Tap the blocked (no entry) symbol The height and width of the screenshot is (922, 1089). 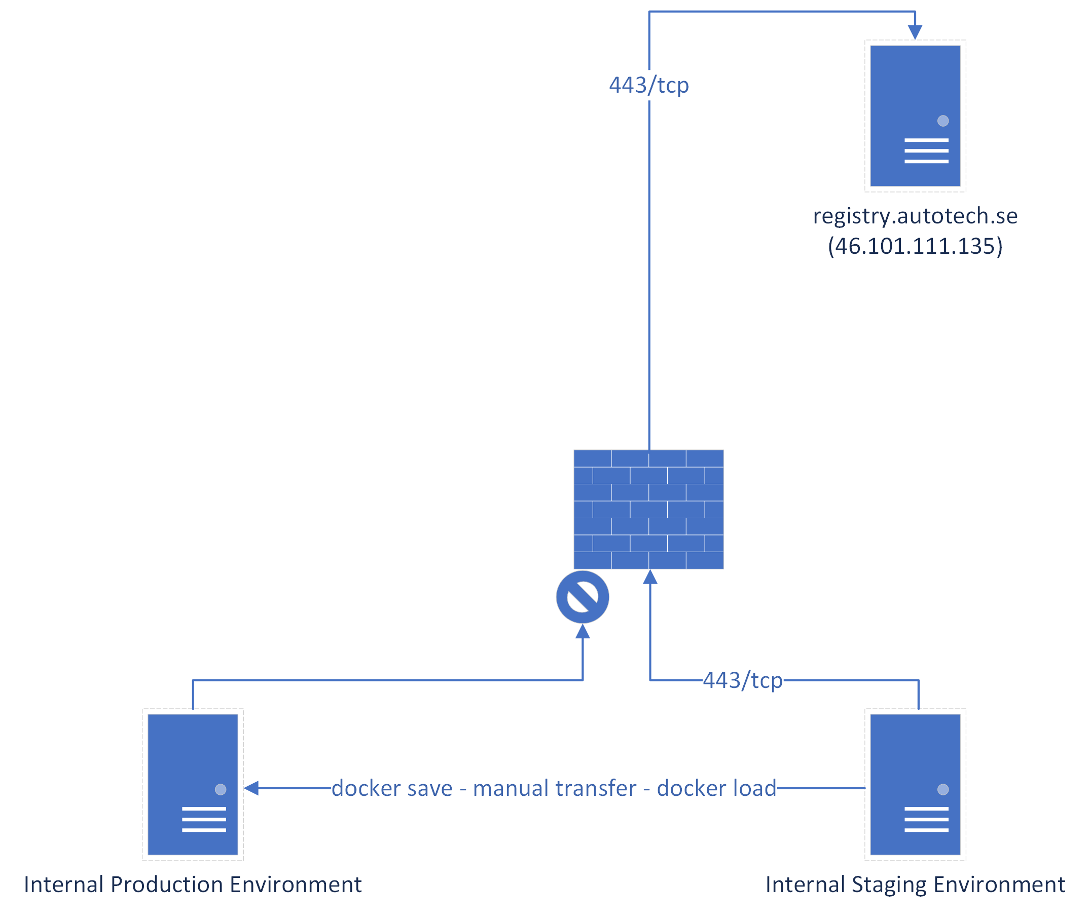[x=582, y=596]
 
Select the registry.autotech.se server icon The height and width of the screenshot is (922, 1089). [x=914, y=116]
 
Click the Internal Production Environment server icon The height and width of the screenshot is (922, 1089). [x=193, y=784]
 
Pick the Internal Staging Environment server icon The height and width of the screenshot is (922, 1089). [x=914, y=784]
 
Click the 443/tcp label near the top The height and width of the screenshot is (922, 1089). [x=648, y=85]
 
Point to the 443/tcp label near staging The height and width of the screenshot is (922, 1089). [x=742, y=680]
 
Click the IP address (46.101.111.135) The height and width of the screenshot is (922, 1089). [x=914, y=246]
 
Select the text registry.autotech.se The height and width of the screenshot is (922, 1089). [x=914, y=216]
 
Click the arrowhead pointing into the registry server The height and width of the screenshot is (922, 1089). [x=914, y=32]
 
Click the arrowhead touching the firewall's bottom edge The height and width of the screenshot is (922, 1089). [x=649, y=577]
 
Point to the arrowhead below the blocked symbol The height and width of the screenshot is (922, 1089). [x=582, y=631]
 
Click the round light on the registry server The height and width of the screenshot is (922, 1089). [x=942, y=121]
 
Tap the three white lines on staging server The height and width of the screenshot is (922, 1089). [x=926, y=819]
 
